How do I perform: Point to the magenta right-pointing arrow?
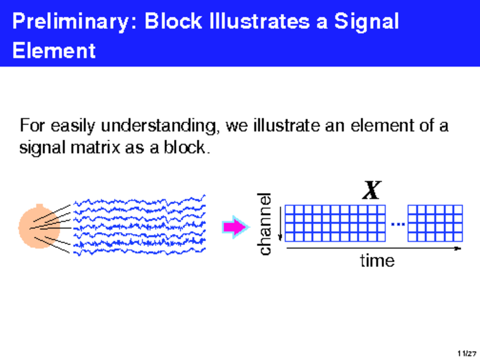tap(235, 227)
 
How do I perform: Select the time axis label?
tap(377, 261)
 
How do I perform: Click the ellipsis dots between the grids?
tap(397, 224)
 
